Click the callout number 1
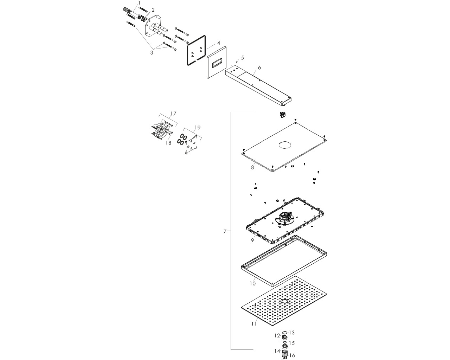[x=139, y=3]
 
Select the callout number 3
[x=152, y=53]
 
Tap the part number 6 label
[x=259, y=67]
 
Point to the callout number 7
[x=225, y=232]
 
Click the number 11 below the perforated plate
[x=254, y=324]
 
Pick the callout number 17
[x=173, y=114]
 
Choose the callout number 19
[x=197, y=128]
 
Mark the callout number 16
[x=292, y=355]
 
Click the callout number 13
[x=291, y=332]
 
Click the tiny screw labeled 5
[x=237, y=62]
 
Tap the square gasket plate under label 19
[x=191, y=145]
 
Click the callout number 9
[x=252, y=240]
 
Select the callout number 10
[x=253, y=283]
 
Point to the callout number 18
[x=168, y=143]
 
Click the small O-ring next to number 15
[x=284, y=342]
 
